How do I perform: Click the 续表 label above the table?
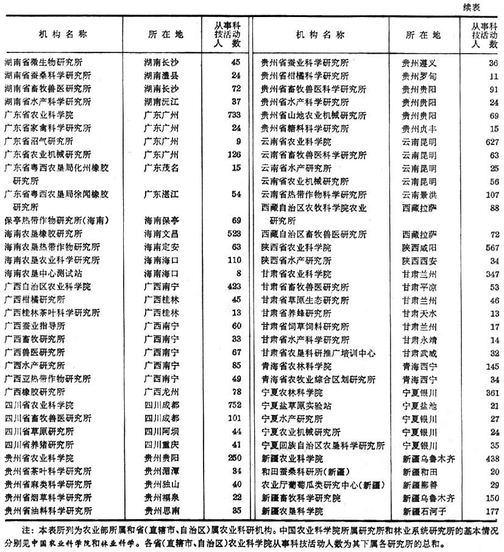(x=485, y=7)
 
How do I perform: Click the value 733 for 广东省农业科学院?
(x=233, y=115)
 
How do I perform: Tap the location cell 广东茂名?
(x=161, y=168)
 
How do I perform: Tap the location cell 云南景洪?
(x=419, y=195)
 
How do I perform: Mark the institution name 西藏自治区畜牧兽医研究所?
(x=314, y=234)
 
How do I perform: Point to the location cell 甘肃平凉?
(x=419, y=287)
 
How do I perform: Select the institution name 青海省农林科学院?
(x=297, y=366)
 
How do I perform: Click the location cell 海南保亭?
(x=161, y=219)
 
